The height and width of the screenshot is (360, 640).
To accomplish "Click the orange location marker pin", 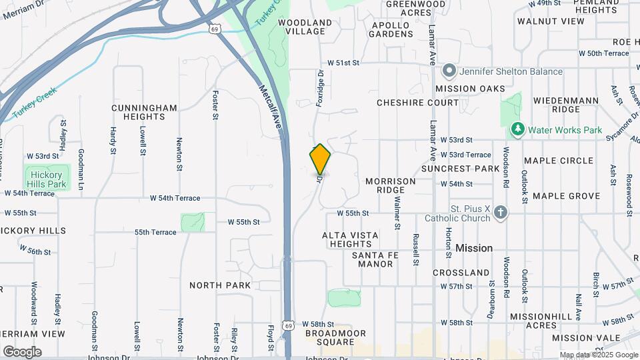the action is [320, 159].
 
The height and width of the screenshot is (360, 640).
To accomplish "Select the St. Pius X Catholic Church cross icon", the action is [501, 213].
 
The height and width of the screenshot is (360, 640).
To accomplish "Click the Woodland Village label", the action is [305, 27].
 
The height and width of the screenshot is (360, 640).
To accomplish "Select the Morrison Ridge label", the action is [391, 185].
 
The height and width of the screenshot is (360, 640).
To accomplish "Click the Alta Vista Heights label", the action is [350, 239].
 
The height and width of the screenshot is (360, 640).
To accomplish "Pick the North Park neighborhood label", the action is [220, 285].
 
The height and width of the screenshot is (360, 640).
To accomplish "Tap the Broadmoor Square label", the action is [329, 337].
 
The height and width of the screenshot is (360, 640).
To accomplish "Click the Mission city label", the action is [474, 248].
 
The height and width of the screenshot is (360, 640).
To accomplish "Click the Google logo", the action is [21, 352].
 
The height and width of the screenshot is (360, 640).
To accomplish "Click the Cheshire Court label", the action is [409, 103].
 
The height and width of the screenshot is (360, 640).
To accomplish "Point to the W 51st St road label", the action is [347, 63].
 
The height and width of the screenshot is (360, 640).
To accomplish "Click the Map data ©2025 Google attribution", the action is [599, 355].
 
